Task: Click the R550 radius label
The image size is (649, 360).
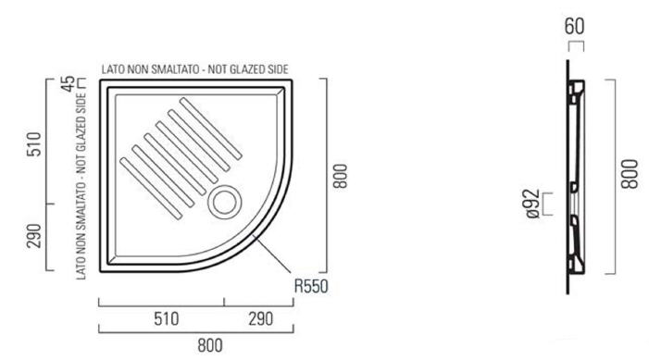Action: point(311,286)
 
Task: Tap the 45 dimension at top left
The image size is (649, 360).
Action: point(69,83)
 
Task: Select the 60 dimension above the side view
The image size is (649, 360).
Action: point(575,26)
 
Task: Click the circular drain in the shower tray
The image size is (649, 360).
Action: point(224,202)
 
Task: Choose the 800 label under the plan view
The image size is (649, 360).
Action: point(210,345)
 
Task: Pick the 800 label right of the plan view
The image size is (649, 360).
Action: point(341,176)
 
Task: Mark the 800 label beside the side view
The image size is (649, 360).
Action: point(630,174)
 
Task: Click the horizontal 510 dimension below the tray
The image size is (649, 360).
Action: point(167,319)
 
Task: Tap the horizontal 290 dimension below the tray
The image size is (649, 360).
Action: point(261,319)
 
